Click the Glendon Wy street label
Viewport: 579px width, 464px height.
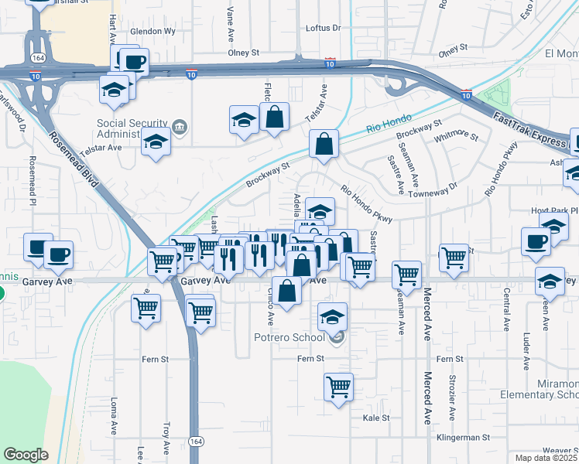point(153,31)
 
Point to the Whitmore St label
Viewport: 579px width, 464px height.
point(456,137)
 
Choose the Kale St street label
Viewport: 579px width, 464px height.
point(375,417)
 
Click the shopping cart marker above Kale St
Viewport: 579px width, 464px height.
point(339,386)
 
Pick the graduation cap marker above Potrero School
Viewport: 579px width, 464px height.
point(333,316)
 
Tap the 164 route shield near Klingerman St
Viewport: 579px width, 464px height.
point(195,442)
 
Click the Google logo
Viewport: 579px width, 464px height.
point(26,455)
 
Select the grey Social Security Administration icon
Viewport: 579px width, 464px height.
point(180,126)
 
